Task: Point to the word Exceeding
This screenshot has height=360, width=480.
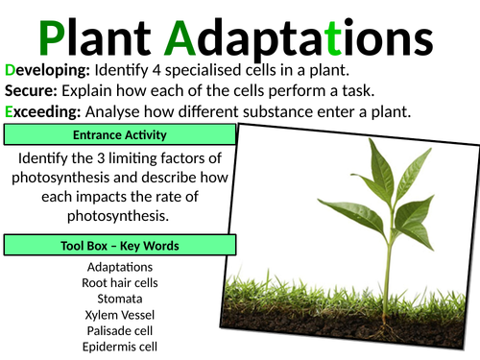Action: coord(44,111)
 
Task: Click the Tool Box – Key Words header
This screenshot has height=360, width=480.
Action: coord(118,246)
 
